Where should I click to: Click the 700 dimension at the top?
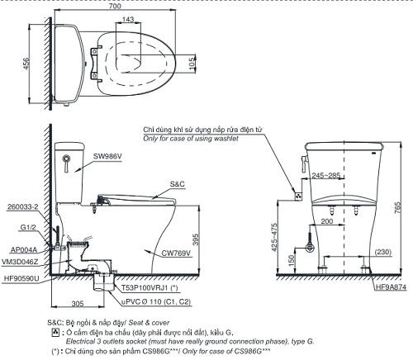[126, 7]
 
